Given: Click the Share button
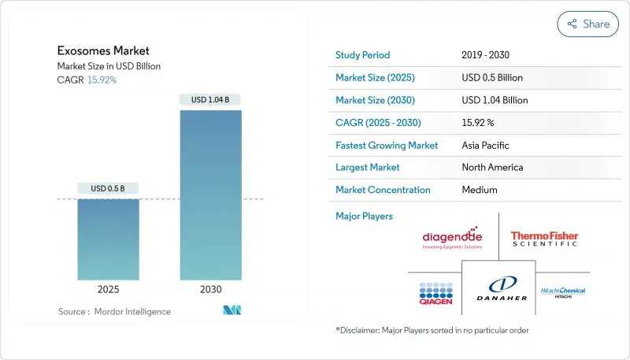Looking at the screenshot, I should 587,24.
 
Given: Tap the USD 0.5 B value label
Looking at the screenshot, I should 108,187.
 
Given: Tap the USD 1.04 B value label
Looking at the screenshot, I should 210,99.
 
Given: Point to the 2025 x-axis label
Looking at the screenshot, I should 108,289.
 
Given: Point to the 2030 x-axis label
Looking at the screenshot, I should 210,289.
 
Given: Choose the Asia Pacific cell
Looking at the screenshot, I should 486,145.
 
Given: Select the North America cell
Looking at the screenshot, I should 492,167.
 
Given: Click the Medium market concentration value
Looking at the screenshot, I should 480,190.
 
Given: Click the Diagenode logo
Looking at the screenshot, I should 452,238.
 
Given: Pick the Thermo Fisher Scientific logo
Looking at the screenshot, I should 544,239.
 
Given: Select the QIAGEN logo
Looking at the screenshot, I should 435,294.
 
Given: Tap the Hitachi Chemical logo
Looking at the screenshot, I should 563,291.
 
